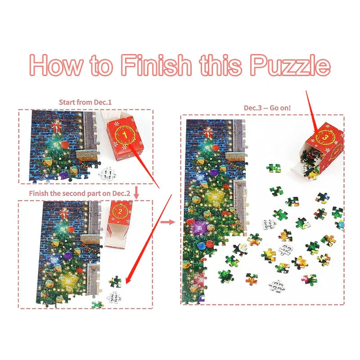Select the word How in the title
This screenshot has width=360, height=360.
pos(56,65)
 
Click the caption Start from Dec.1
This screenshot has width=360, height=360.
pos(85,103)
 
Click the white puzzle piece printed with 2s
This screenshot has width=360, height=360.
pos(113,297)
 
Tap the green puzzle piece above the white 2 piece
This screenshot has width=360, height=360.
pos(115,282)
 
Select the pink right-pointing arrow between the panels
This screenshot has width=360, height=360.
pos(168,221)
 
